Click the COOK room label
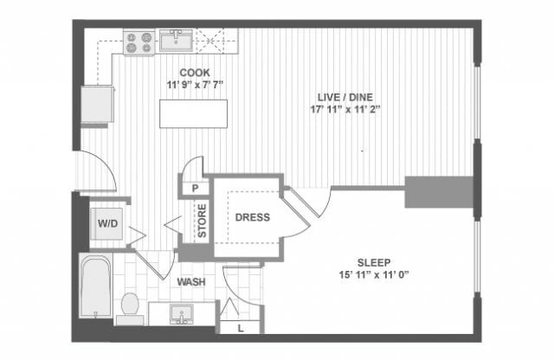point(194,73)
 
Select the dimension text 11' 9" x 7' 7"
point(194,85)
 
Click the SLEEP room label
point(374,261)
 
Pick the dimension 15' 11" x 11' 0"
point(374,274)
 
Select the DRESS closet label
point(252,217)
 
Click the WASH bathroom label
point(190,282)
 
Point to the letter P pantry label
point(196,188)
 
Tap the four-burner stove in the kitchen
point(138,42)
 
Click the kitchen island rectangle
point(194,113)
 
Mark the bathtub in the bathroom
point(96,286)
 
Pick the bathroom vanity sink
point(183,313)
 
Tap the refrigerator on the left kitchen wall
point(97,105)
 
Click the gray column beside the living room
point(439,191)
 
